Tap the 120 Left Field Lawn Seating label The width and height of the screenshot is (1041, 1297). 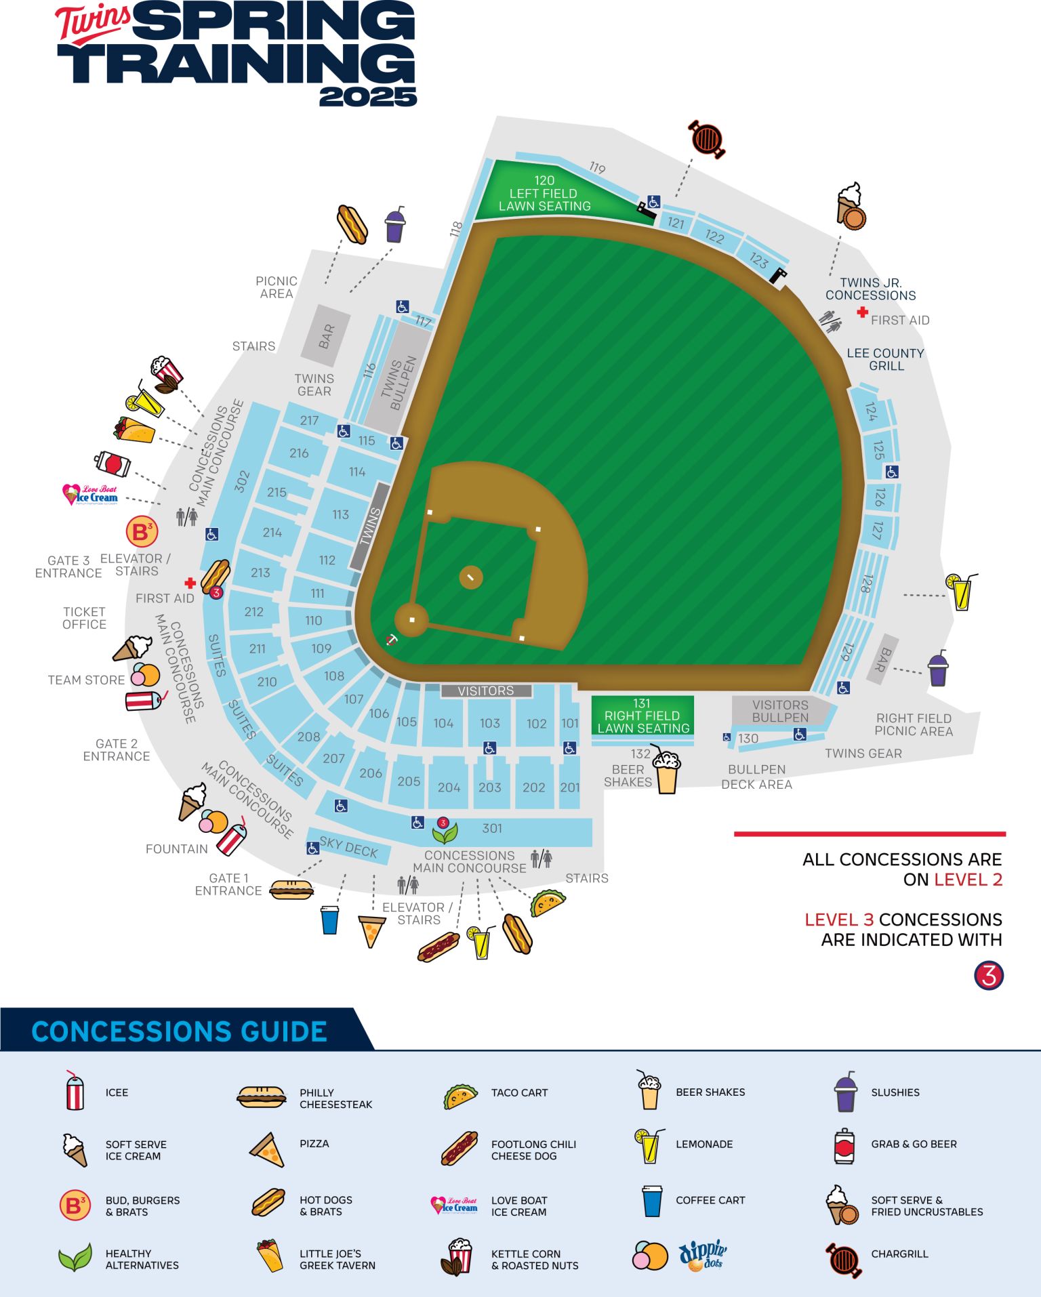[x=544, y=194]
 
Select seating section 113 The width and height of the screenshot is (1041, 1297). [x=340, y=515]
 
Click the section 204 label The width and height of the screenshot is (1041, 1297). [x=449, y=787]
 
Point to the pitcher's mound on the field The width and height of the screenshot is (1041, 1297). [x=470, y=577]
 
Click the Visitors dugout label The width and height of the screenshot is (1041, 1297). [x=486, y=691]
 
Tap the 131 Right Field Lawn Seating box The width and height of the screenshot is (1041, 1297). [x=642, y=716]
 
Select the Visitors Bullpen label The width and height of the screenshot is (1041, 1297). [x=780, y=711]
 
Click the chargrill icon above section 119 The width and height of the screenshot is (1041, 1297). [x=707, y=139]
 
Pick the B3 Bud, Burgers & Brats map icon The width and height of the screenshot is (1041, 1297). [x=142, y=532]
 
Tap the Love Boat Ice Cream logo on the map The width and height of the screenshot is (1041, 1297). [x=90, y=495]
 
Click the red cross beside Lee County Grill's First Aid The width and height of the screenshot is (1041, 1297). [x=862, y=312]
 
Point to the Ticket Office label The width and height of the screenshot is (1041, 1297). [x=84, y=618]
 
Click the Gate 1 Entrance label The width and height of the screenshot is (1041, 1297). [x=228, y=884]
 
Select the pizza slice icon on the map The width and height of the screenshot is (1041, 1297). [x=371, y=931]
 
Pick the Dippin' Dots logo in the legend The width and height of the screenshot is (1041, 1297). [x=703, y=1255]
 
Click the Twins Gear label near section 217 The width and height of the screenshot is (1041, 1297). [x=314, y=385]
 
